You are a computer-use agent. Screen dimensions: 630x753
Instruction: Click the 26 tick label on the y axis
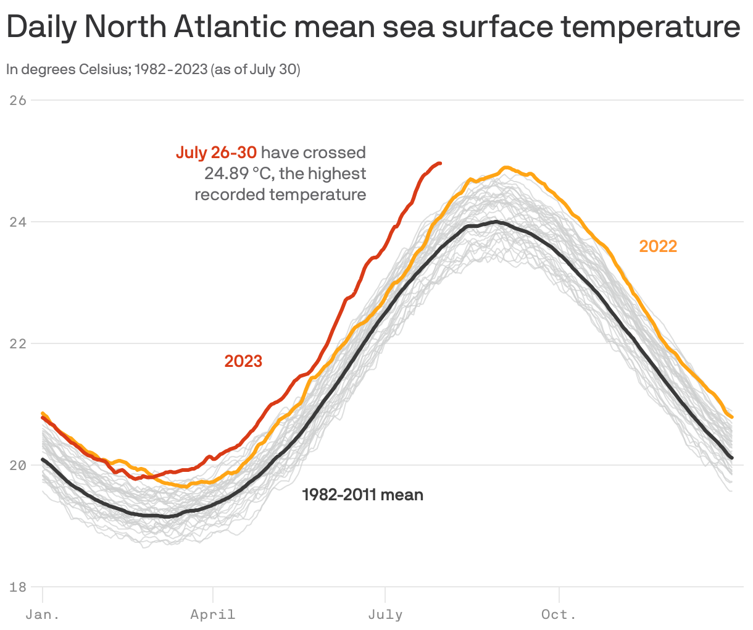[19, 100]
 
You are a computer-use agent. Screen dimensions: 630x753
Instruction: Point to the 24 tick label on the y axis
[19, 222]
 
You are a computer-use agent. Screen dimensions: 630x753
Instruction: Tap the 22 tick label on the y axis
[19, 343]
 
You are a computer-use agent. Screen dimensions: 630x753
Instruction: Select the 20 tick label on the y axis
[19, 465]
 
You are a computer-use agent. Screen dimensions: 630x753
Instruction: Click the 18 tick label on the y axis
[19, 587]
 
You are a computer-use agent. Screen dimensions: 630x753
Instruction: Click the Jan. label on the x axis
[43, 615]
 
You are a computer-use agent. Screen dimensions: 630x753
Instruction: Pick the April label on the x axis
[213, 615]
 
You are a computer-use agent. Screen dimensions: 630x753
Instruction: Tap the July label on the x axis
[385, 615]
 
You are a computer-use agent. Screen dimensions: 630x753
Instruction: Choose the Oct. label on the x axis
[559, 615]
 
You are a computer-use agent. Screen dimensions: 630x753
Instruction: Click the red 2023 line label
[243, 361]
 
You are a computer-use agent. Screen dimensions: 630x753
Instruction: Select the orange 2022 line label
[658, 246]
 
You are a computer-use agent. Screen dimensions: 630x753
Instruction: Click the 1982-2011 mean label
[362, 495]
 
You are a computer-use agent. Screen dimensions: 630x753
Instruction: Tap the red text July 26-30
[216, 153]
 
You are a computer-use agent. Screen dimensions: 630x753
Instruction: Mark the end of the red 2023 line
[439, 163]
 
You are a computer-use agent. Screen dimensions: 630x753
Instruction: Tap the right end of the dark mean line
[732, 458]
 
